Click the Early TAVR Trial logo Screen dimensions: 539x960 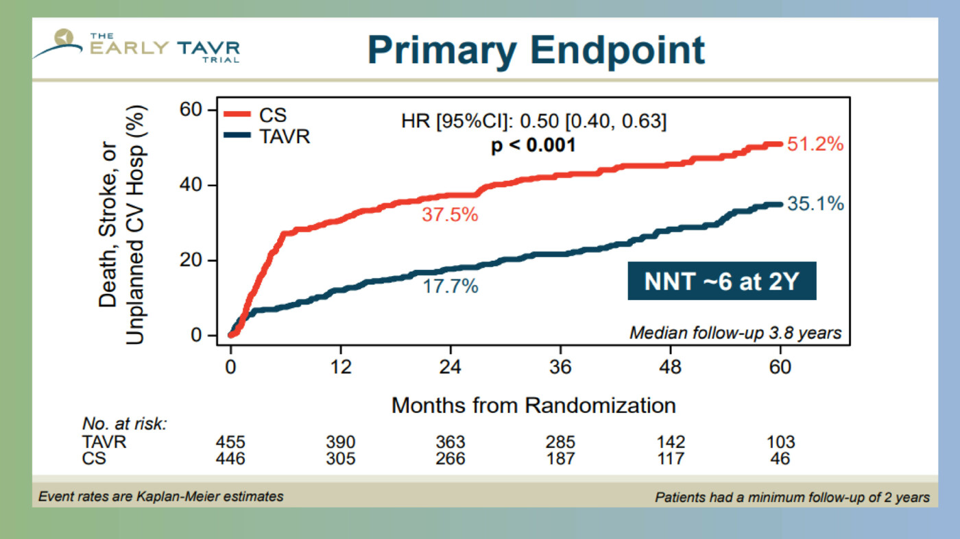click(137, 47)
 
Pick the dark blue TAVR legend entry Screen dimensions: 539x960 click(267, 136)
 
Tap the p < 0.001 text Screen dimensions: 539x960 click(533, 145)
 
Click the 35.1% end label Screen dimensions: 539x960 click(815, 204)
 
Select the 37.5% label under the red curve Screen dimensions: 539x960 click(450, 214)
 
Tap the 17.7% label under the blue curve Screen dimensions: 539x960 click(450, 286)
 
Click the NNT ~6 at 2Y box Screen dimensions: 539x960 click(721, 281)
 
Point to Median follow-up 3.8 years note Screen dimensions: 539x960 click(735, 334)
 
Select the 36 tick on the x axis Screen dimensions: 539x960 click(560, 367)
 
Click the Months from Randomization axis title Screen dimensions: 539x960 click(533, 405)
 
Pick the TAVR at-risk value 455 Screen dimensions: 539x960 click(230, 442)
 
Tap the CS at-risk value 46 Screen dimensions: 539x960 click(780, 458)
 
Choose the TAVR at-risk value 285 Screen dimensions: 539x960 click(560, 442)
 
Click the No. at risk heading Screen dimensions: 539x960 click(125, 425)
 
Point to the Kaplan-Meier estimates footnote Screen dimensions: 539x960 click(160, 497)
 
